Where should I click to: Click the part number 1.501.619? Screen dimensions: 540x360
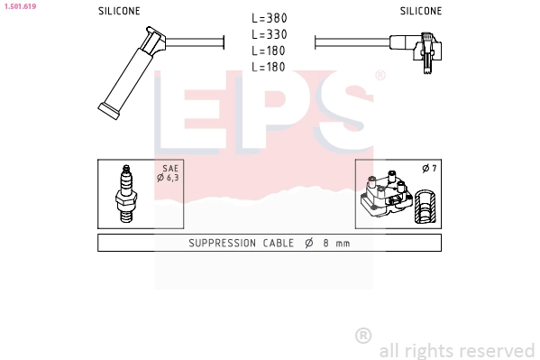pos(21,6)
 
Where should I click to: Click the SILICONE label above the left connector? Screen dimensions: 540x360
pos(119,11)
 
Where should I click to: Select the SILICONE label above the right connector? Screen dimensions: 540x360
pos(421,11)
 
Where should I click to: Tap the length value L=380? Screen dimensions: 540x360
pos(270,18)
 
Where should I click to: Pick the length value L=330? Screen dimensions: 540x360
pos(270,34)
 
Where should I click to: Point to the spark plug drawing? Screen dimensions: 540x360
pos(126,194)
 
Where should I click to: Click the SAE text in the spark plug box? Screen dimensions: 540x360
pos(170,169)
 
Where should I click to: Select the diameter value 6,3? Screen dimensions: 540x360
pos(172,178)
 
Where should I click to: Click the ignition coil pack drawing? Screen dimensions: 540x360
pos(387,194)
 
